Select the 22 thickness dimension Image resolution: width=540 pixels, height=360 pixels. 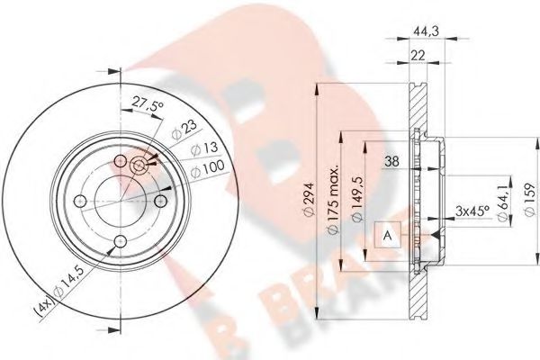click(418, 57)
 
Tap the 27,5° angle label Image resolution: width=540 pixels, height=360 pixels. click(148, 105)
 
